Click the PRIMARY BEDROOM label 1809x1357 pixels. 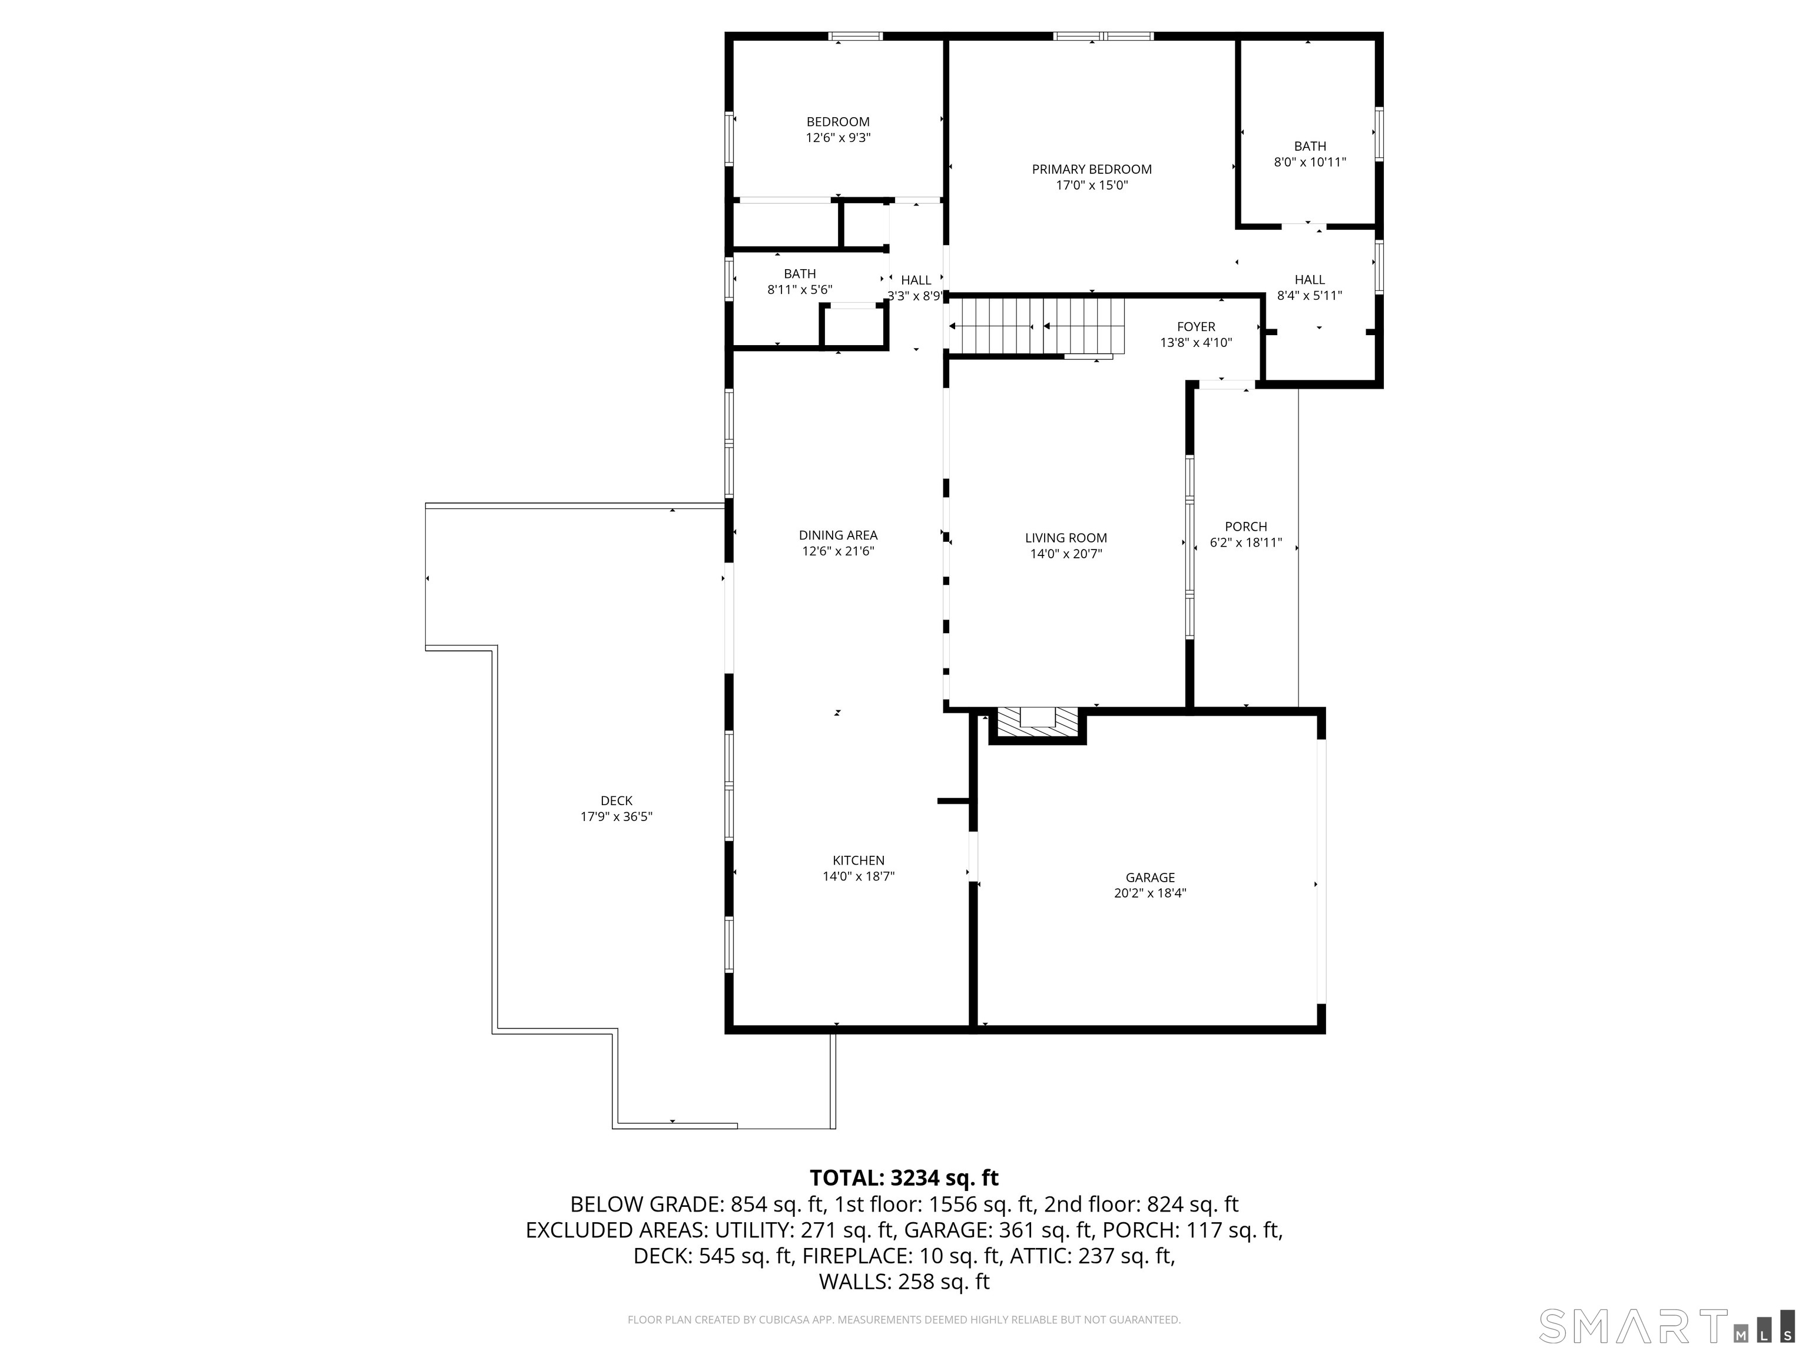point(1091,169)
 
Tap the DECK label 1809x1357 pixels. point(616,801)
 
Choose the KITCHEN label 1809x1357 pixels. point(858,860)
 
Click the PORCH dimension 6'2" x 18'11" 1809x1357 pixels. point(1245,542)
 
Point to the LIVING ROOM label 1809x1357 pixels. point(1066,538)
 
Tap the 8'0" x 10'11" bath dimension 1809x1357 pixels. point(1309,163)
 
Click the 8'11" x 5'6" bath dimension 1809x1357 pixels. point(799,290)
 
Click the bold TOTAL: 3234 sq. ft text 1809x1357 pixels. point(904,1178)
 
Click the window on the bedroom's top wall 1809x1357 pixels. point(856,36)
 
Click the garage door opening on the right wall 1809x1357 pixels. point(1320,871)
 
